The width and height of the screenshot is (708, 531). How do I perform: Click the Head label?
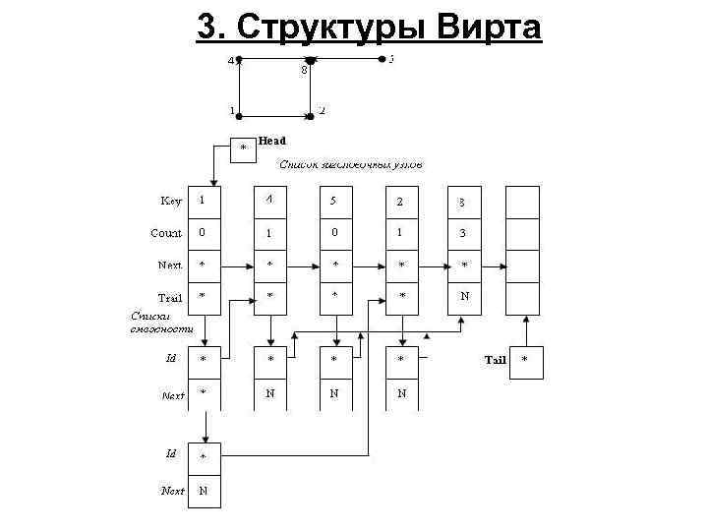[271, 142]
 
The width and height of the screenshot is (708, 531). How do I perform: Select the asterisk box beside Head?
[244, 148]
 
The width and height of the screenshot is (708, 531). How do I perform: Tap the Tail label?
[495, 360]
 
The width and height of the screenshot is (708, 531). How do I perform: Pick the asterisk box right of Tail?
[524, 360]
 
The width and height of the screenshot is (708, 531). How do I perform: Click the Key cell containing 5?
[334, 202]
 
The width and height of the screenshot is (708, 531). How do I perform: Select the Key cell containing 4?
[269, 202]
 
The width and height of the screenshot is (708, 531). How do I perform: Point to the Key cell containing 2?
[399, 202]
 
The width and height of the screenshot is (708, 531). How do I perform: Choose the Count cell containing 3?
[463, 234]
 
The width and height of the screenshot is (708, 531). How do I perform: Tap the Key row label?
[171, 202]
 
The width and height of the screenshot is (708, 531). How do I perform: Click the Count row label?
[165, 234]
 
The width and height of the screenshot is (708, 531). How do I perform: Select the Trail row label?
[169, 297]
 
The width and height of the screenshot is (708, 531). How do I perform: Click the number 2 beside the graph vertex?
[322, 110]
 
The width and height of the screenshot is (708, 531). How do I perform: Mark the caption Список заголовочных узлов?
[351, 165]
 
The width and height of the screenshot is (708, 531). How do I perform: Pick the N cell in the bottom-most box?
[204, 490]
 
